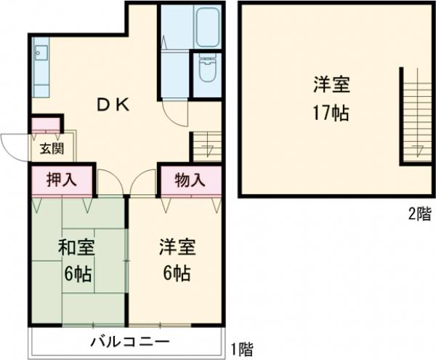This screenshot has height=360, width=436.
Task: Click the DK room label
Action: pos(113,105)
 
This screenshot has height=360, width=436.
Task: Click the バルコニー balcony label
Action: pos(129,342)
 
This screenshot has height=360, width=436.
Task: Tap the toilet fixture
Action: pos(207,73)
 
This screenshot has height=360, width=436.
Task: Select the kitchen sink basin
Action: pos(41,55)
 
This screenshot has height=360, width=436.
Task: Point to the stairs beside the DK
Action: pos(206,146)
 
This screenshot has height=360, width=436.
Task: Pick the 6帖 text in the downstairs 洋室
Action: pos(176,275)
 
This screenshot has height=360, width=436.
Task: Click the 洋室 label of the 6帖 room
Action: pos(177,248)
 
